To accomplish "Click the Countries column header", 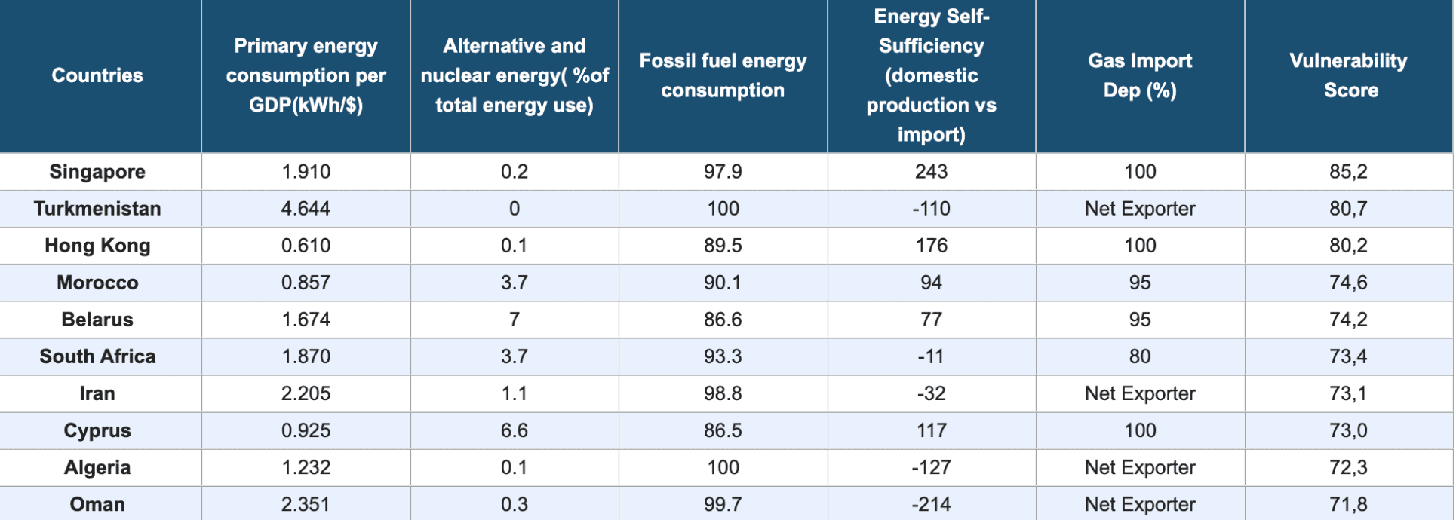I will point(97,75).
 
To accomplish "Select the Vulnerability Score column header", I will point(1348,75).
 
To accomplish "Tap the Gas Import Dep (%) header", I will point(1139,75).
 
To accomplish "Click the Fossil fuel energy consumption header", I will point(722,75).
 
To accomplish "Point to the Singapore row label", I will point(97,172).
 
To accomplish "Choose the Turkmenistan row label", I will point(97,209).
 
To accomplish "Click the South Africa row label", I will point(97,356).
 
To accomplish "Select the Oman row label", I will point(97,504).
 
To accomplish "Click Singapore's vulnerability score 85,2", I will point(1348,172).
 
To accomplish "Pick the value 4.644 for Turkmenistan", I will point(306,209).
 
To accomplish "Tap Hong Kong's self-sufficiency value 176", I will point(931,246).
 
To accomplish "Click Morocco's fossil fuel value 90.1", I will point(722,283).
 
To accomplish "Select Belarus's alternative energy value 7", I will point(514,320).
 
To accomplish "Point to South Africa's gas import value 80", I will point(1139,356).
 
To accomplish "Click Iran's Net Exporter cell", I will point(1139,393).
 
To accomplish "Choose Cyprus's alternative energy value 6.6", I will point(514,430).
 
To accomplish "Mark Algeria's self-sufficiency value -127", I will point(931,467).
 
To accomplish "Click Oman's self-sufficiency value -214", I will point(931,504).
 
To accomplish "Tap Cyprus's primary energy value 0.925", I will point(306,430).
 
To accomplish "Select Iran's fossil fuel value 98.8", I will point(722,393).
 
